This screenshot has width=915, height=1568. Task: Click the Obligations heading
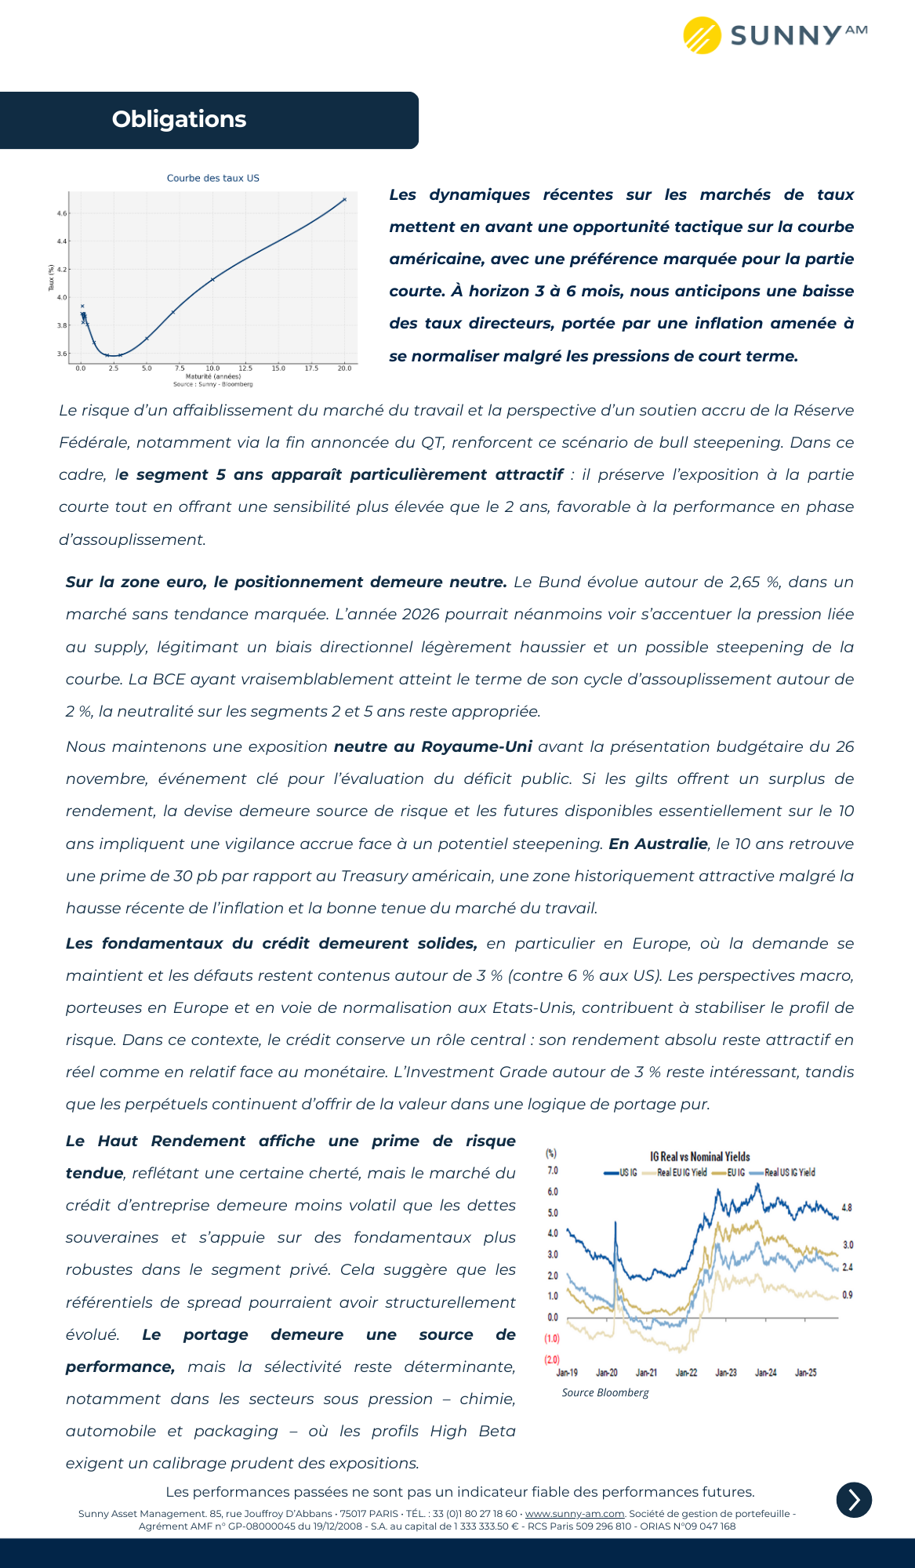tap(179, 119)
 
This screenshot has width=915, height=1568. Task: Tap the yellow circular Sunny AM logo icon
tap(702, 35)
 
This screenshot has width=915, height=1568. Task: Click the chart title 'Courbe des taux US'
tap(212, 178)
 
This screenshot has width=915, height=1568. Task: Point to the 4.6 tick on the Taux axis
tap(62, 213)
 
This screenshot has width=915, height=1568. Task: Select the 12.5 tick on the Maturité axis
tap(245, 368)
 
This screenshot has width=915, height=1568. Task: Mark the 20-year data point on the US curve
tap(344, 199)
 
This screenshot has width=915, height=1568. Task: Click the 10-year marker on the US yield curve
tap(212, 279)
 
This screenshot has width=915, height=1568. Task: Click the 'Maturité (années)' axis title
tap(212, 376)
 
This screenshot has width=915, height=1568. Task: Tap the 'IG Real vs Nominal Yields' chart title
tap(699, 1156)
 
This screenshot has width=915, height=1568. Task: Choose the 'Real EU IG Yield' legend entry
tap(681, 1173)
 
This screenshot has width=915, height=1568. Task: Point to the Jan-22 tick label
tap(686, 1372)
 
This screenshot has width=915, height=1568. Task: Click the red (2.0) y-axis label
tap(552, 1359)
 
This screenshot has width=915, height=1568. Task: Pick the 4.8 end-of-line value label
tap(847, 1208)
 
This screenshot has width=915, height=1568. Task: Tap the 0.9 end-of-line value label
tap(848, 1294)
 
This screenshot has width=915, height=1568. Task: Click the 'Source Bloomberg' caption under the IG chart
tap(605, 1392)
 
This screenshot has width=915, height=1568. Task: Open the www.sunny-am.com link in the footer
tap(575, 1513)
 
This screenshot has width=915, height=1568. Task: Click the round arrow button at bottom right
tap(854, 1500)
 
